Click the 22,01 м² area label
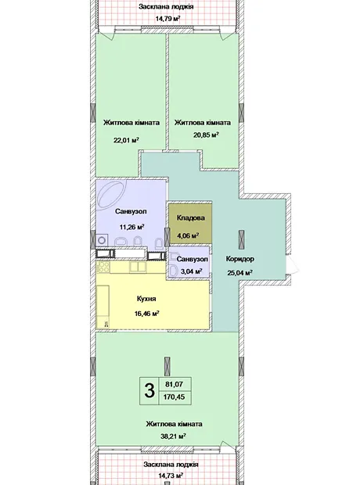126,140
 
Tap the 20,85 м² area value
206,135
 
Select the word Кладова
191,218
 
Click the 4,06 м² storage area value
188,235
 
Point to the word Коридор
240,259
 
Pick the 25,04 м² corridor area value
240,272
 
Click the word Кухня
146,299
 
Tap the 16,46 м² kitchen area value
146,314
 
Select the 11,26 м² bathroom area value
132,227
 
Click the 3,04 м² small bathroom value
191,271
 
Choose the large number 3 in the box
149,390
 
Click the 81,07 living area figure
175,384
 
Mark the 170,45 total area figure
175,397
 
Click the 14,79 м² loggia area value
167,19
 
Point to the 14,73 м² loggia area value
171,475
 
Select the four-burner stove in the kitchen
103,268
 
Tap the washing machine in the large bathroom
102,241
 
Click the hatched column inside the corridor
241,239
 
